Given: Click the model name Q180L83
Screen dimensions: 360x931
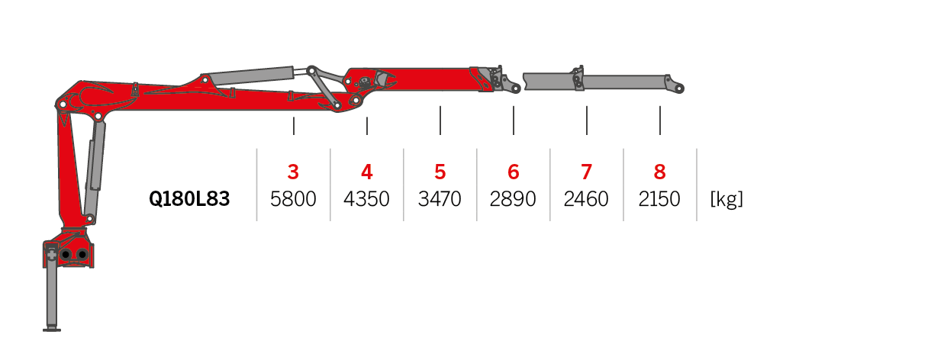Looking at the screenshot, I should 189,200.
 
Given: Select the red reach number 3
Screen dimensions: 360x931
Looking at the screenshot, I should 293,172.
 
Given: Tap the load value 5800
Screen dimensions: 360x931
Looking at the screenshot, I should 293,200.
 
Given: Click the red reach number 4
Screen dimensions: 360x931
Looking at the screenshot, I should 366,172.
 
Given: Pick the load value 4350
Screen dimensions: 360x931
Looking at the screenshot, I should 366,200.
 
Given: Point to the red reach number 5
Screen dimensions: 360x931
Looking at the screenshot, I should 440,172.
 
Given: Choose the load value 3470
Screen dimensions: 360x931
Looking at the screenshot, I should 440,200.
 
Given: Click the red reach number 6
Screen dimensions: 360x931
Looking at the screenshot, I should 513,172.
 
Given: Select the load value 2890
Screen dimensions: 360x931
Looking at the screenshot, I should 513,200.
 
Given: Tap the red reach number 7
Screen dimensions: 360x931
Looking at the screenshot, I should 586,172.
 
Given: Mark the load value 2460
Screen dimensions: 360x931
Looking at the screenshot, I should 586,200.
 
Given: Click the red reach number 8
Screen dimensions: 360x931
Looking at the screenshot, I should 659,172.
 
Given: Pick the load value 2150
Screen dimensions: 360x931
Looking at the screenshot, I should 659,200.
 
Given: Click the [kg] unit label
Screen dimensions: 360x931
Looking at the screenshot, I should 726,200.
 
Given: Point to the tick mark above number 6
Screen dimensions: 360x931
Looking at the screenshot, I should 514,121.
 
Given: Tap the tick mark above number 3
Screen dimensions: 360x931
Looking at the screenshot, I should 294,126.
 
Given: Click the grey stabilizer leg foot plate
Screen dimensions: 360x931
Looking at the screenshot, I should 52,329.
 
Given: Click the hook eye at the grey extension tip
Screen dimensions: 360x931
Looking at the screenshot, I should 678,88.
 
